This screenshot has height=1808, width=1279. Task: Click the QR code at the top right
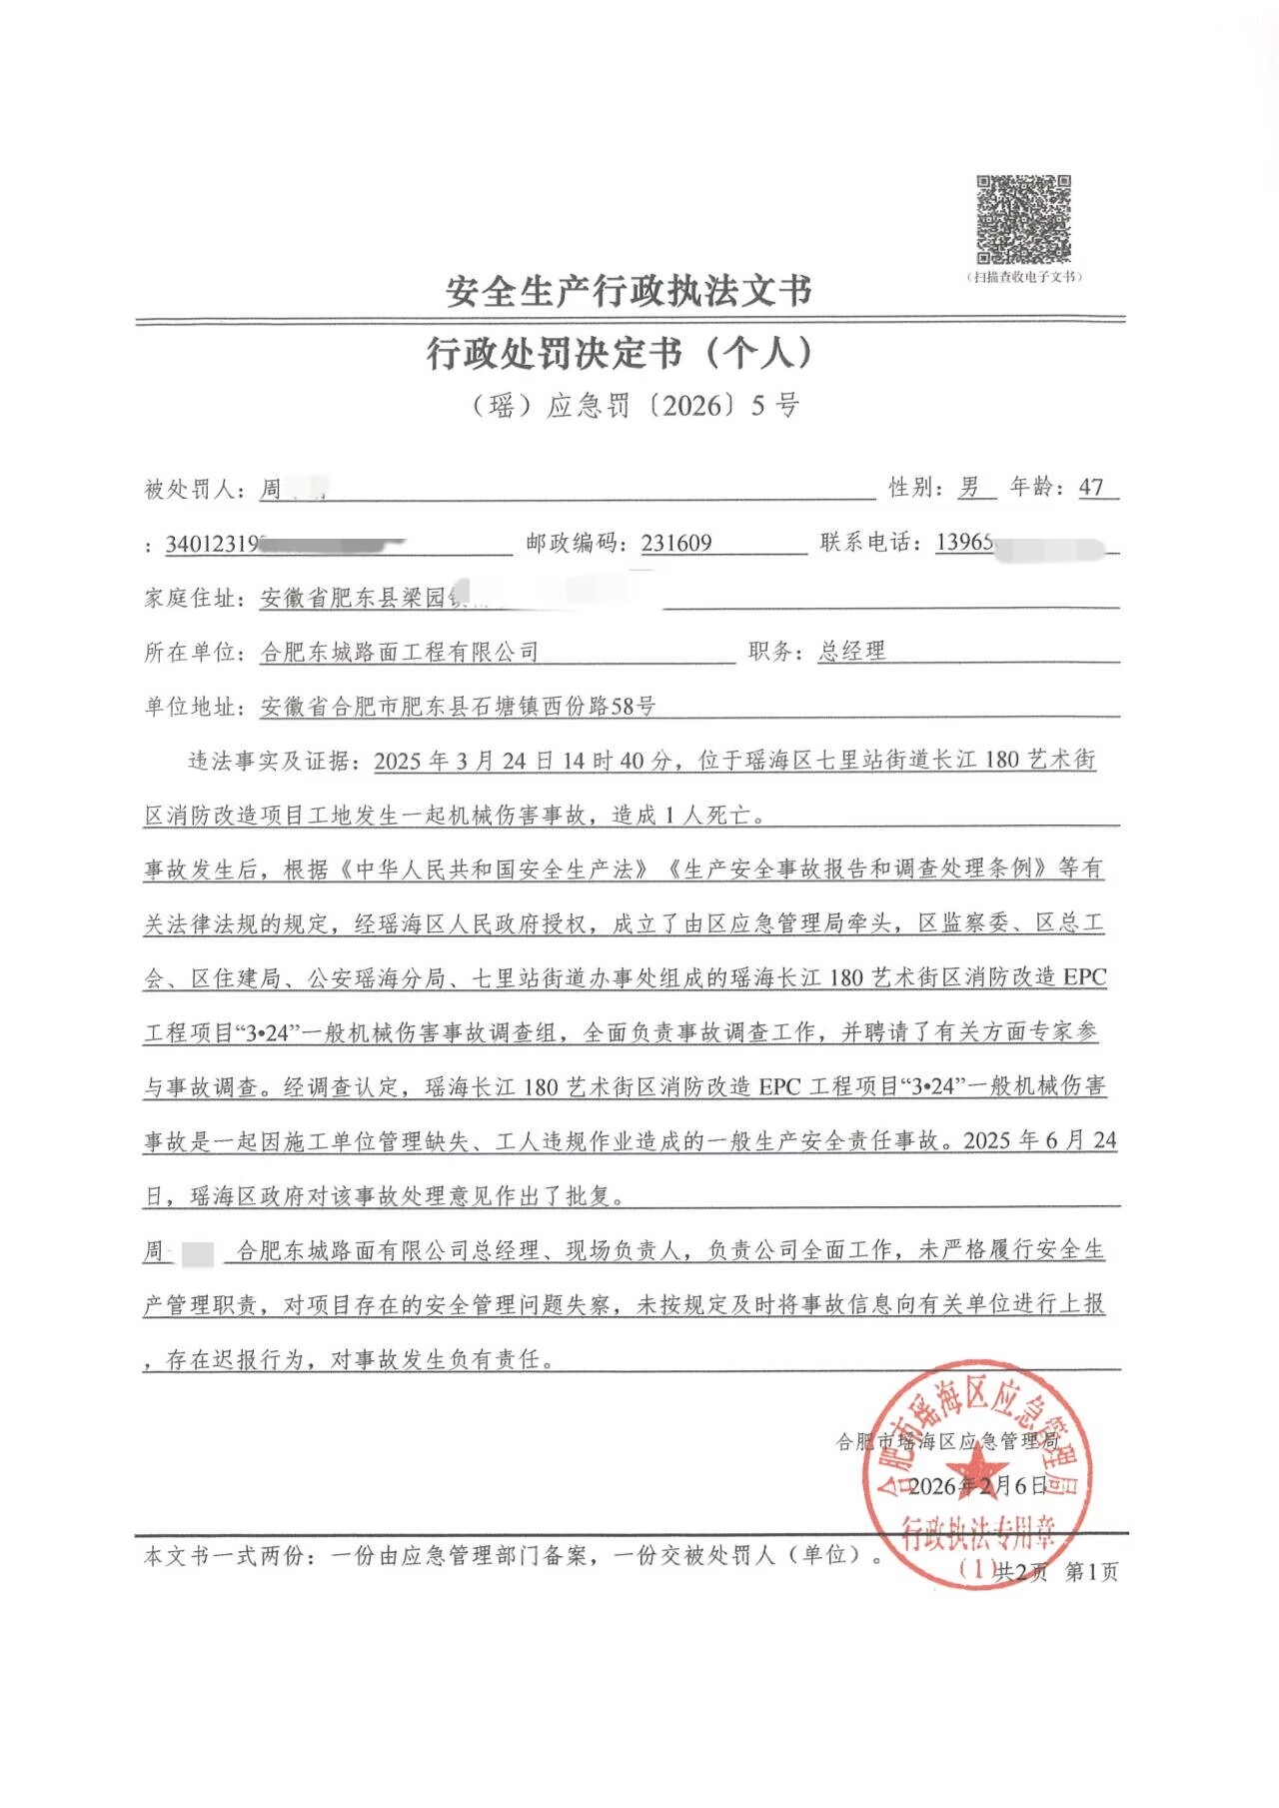point(1023,219)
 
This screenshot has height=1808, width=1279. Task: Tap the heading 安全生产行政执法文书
point(629,291)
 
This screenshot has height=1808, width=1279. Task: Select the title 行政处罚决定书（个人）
point(621,353)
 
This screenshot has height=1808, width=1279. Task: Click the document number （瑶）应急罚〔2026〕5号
point(636,405)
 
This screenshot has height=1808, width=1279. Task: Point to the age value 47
point(1091,487)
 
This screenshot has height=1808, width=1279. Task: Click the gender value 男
point(969,487)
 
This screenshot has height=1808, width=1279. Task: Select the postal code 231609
point(676,543)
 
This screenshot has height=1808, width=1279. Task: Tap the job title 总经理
point(851,651)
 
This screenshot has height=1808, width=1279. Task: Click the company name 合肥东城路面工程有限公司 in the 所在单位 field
point(400,653)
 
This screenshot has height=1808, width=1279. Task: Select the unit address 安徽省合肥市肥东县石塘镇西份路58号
point(458,707)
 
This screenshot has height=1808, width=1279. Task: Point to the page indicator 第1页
point(1091,1572)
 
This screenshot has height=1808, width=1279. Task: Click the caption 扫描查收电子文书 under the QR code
point(1024,277)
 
